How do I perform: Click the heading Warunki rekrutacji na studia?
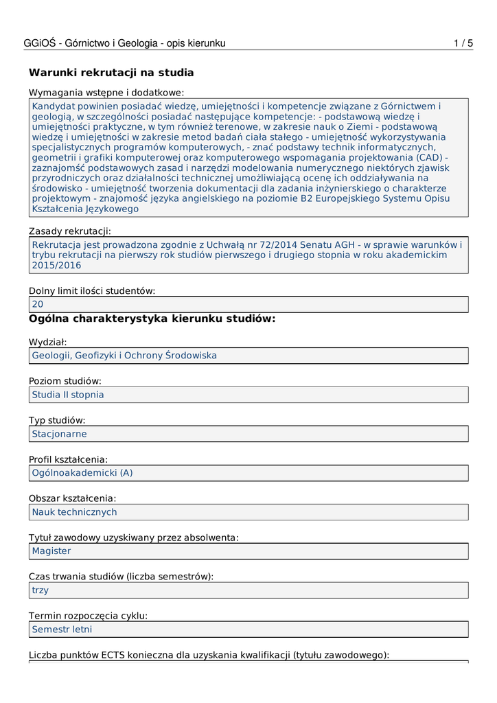click(111, 73)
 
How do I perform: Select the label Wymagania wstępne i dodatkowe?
click(106, 93)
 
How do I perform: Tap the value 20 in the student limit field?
click(38, 304)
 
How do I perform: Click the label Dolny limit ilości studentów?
click(92, 290)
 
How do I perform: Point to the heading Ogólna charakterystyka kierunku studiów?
click(152, 319)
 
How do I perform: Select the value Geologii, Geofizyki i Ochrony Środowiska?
click(124, 356)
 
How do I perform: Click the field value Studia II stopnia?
click(68, 395)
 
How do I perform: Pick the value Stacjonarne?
click(60, 434)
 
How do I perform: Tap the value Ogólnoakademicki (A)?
click(82, 473)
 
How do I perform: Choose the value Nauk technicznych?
click(75, 512)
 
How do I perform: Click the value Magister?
click(51, 551)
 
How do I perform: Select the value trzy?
click(41, 590)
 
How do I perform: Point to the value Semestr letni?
click(62, 630)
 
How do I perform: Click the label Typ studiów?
click(57, 420)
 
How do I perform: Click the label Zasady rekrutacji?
click(70, 231)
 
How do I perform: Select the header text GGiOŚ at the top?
click(40, 43)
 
